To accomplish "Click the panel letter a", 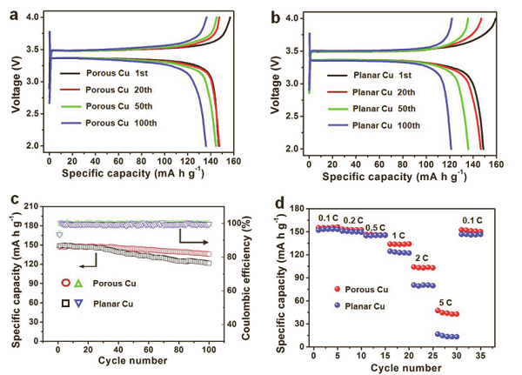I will pyautogui.click(x=10, y=11).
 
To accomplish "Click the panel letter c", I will pyautogui.click(x=10, y=199).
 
